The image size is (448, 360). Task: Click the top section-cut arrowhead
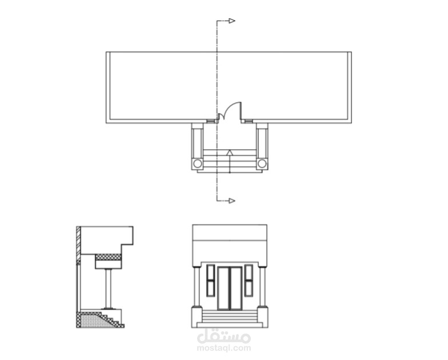tap(232, 21)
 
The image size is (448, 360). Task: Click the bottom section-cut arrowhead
tap(232, 201)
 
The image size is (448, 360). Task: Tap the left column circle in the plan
tap(198, 163)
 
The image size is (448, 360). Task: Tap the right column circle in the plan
tap(262, 163)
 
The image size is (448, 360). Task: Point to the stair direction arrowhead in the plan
tap(230, 153)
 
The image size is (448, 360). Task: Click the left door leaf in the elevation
tap(223, 289)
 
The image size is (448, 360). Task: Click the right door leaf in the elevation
tap(236, 289)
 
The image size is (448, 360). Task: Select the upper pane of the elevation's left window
tap(211, 273)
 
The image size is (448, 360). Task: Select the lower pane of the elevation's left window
tap(211, 289)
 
